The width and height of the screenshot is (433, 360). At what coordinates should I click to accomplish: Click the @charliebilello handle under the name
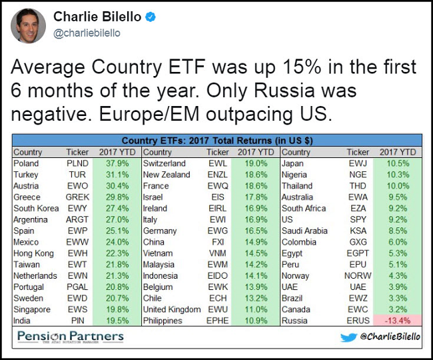(x=87, y=33)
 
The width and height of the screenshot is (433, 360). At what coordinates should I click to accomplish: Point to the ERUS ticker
(x=358, y=321)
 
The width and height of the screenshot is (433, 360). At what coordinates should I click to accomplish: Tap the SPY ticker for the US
(x=358, y=219)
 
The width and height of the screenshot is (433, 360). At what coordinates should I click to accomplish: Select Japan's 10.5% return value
(x=399, y=163)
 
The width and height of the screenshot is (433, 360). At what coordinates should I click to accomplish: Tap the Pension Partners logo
(x=71, y=337)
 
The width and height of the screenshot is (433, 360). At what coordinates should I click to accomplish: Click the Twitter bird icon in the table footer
(x=349, y=337)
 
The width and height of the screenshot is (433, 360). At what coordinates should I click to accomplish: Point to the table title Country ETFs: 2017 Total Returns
(x=217, y=141)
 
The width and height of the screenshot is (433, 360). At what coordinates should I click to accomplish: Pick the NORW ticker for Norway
(x=358, y=276)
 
